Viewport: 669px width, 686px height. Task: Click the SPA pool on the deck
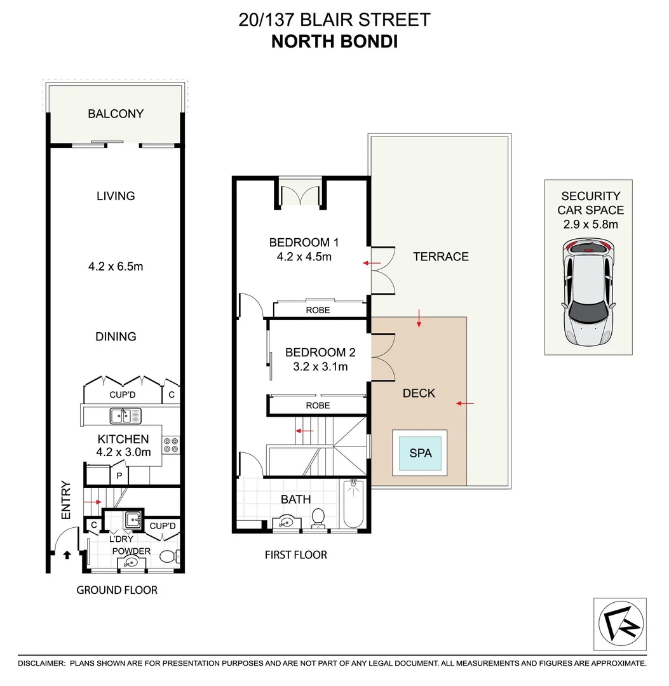tap(421, 452)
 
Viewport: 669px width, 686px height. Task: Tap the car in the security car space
tap(588, 292)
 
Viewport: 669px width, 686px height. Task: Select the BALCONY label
tap(116, 114)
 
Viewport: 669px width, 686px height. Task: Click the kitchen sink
tap(125, 415)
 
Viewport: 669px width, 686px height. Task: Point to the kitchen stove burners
tap(172, 445)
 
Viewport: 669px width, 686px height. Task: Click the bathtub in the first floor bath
tap(354, 504)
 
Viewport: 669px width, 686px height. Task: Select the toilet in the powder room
tap(168, 556)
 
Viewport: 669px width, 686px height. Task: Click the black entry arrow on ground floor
tap(68, 555)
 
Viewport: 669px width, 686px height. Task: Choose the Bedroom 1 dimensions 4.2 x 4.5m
tap(304, 257)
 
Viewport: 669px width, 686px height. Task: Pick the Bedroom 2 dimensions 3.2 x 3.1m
tap(320, 367)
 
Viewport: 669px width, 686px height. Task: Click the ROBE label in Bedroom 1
tap(318, 311)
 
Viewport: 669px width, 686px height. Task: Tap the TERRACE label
tap(440, 257)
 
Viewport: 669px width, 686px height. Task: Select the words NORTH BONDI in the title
tap(334, 41)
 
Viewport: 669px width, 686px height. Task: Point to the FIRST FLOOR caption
tap(296, 555)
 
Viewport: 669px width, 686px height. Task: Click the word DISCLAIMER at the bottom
tap(41, 663)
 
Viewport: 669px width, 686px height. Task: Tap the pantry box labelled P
tap(118, 475)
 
